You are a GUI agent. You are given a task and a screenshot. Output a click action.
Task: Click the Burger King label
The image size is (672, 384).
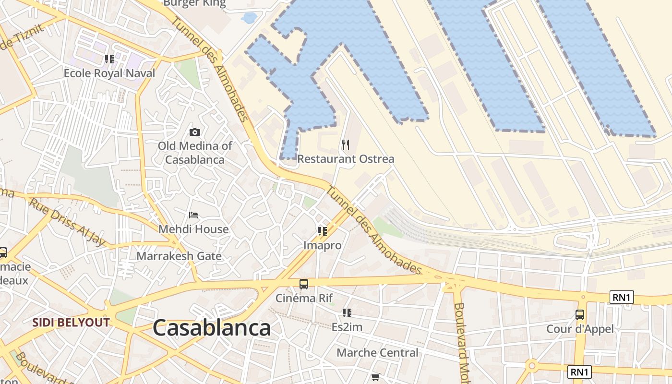click(194, 3)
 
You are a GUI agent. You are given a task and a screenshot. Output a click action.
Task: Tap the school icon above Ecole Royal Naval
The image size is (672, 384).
click(109, 59)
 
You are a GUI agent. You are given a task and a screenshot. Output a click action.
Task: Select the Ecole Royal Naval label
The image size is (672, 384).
click(109, 73)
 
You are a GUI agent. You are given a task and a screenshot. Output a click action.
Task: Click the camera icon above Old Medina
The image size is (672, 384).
click(195, 132)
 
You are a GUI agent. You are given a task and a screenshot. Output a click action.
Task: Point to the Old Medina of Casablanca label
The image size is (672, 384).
click(195, 153)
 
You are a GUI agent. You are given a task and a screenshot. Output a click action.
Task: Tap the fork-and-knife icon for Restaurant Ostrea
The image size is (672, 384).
click(346, 144)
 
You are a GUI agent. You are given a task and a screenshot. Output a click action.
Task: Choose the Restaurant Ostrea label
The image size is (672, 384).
click(346, 159)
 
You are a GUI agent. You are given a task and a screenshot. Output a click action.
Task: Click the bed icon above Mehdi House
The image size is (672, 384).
click(193, 215)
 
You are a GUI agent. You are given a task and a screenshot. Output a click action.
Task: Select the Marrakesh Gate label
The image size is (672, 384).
click(179, 256)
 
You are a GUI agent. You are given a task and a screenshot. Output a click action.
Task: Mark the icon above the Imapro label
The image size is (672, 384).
click(323, 231)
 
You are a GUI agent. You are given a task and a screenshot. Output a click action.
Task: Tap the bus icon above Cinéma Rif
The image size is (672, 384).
click(304, 284)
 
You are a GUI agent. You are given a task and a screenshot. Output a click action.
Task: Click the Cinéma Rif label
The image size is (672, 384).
click(304, 298)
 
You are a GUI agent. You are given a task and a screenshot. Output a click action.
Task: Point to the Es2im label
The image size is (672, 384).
click(347, 327)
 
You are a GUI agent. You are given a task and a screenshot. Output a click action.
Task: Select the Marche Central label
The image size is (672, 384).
click(377, 353)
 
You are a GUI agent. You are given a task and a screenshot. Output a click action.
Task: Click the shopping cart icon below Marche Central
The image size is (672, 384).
click(376, 377)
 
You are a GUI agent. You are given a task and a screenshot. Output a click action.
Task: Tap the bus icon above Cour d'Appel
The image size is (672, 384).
click(580, 315)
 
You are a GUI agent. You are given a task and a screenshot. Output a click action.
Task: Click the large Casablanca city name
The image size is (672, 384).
click(212, 328)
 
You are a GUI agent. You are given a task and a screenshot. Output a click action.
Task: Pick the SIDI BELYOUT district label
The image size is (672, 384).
click(71, 323)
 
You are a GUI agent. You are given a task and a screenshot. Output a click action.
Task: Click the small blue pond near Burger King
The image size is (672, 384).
click(250, 18)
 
